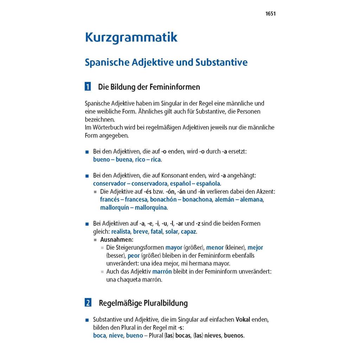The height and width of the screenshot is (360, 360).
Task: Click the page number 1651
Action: (x=270, y=14)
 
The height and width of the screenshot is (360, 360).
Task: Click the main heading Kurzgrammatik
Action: (x=131, y=37)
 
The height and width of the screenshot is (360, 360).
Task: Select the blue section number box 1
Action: (x=88, y=86)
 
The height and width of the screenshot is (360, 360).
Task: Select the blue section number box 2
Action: (x=88, y=303)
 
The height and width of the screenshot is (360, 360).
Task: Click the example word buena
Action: (x=124, y=160)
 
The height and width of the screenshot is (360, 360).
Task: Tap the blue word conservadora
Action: (x=149, y=184)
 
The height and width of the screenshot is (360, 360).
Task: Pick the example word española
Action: (x=208, y=184)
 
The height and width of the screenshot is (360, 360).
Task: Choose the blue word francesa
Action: (x=136, y=199)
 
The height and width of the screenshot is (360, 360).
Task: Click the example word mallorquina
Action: (x=151, y=207)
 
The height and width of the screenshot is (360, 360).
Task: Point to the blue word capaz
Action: (x=188, y=231)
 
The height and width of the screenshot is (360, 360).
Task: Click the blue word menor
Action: (x=215, y=247)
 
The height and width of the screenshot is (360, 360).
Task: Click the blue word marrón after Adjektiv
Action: (x=162, y=271)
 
